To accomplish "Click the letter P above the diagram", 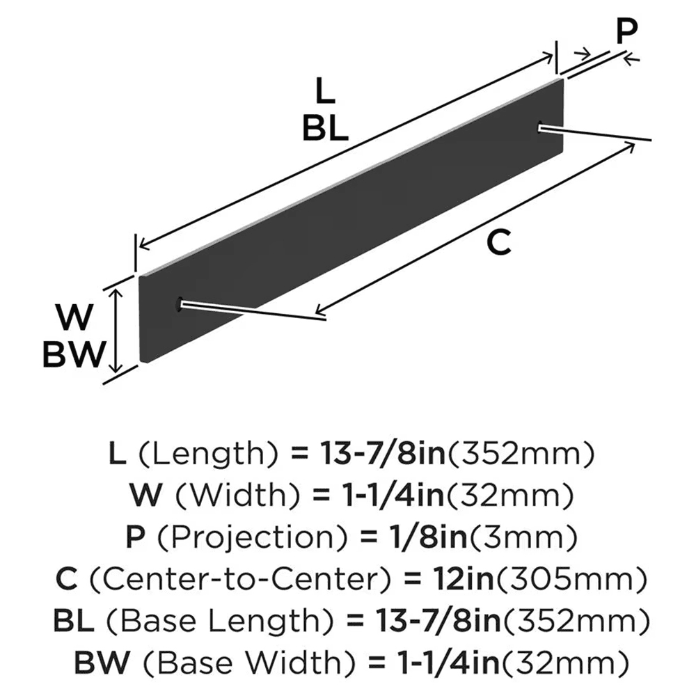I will pyautogui.click(x=626, y=31).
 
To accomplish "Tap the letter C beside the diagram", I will pyautogui.click(x=499, y=242).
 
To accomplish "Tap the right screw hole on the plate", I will pyautogui.click(x=541, y=126).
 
